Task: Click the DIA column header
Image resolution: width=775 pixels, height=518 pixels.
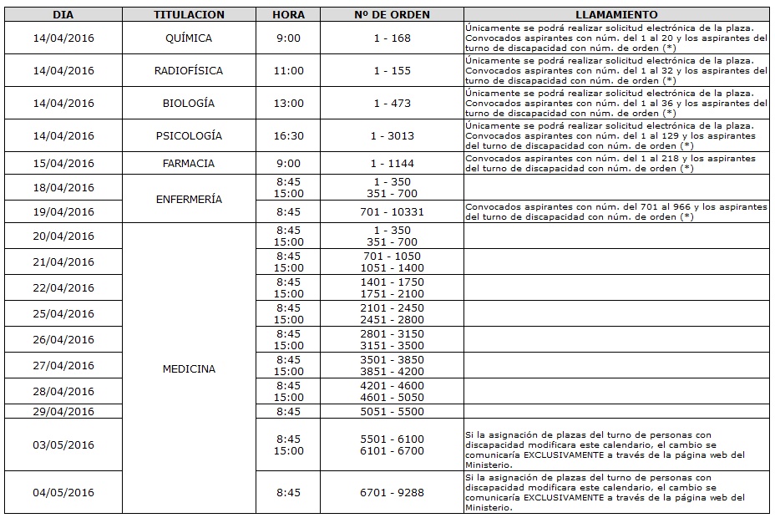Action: pyautogui.click(x=63, y=15)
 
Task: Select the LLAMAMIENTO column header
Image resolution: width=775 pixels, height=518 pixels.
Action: pyautogui.click(x=616, y=15)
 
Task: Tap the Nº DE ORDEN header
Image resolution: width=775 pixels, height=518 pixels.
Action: pyautogui.click(x=393, y=15)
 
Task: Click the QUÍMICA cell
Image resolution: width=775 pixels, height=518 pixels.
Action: pyautogui.click(x=189, y=38)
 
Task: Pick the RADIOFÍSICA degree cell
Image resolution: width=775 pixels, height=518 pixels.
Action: pyautogui.click(x=189, y=71)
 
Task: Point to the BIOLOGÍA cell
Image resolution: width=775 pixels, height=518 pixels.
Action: pyautogui.click(x=189, y=104)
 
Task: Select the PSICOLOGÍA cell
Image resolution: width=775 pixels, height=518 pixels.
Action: pyautogui.click(x=189, y=135)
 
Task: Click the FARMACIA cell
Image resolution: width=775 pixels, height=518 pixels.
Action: pyautogui.click(x=189, y=164)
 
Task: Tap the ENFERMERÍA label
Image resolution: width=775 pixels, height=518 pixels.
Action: pyautogui.click(x=189, y=200)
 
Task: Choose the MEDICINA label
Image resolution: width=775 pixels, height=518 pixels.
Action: pyautogui.click(x=189, y=368)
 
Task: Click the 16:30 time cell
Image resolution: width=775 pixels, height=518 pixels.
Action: pyautogui.click(x=288, y=135)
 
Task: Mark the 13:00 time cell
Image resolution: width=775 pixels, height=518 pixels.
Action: pyautogui.click(x=288, y=104)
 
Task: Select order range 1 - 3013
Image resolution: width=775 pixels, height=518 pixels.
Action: pyautogui.click(x=393, y=135)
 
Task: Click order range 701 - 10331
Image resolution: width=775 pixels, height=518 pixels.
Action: pyautogui.click(x=393, y=212)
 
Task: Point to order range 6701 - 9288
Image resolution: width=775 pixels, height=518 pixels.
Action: pyautogui.click(x=393, y=492)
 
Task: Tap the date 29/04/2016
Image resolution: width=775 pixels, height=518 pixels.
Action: pyautogui.click(x=63, y=412)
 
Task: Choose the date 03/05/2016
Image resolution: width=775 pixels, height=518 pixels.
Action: pyautogui.click(x=63, y=444)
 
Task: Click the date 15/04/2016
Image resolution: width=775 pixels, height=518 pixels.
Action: pyautogui.click(x=63, y=164)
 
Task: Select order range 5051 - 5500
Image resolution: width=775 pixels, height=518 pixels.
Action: pyautogui.click(x=393, y=412)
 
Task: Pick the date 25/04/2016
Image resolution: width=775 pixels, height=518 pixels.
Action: pyautogui.click(x=63, y=314)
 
